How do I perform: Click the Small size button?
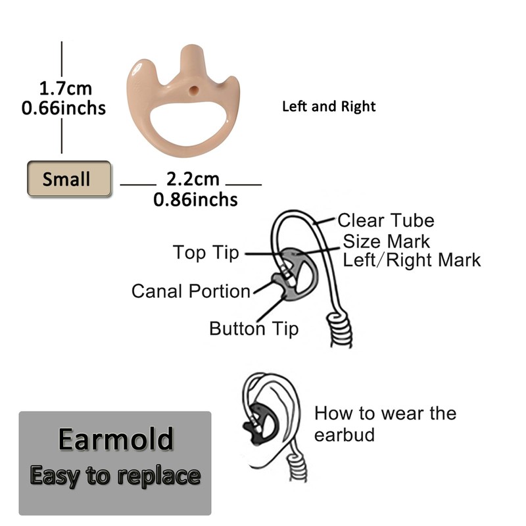tap(68, 178)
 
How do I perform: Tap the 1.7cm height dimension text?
tap(65, 88)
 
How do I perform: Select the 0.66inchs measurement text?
tap(64, 107)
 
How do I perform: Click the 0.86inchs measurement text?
tap(195, 199)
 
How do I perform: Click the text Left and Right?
tap(329, 106)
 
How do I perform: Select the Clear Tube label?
tap(385, 220)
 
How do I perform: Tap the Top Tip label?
tap(206, 252)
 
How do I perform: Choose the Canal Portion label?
tap(191, 291)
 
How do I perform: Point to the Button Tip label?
tap(254, 327)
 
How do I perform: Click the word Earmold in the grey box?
tap(116, 439)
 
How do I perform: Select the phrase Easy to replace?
tap(115, 475)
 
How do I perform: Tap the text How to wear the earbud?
tap(385, 423)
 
